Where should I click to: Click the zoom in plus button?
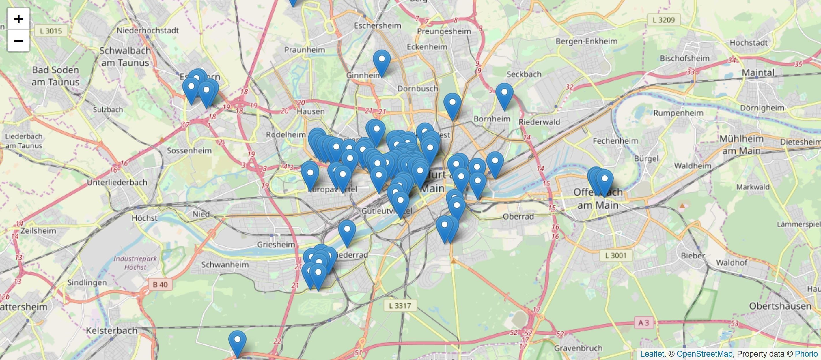(x=18, y=19)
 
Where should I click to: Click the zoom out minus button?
(x=18, y=41)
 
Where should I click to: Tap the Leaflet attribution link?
(x=652, y=354)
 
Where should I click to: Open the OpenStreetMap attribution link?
(x=704, y=354)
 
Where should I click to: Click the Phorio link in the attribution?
(x=806, y=354)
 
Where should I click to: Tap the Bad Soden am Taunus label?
(x=55, y=76)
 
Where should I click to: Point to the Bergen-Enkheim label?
(x=586, y=41)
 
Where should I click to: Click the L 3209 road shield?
(x=664, y=20)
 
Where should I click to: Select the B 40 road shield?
(x=160, y=284)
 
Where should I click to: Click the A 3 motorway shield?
(x=643, y=323)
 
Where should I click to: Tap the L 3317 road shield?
(x=400, y=306)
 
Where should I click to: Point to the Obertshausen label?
(x=780, y=306)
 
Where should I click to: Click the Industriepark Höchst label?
(x=135, y=263)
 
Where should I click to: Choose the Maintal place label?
(x=758, y=73)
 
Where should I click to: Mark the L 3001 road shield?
(x=615, y=256)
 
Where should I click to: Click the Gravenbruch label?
(x=578, y=348)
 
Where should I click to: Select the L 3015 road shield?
(x=51, y=31)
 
